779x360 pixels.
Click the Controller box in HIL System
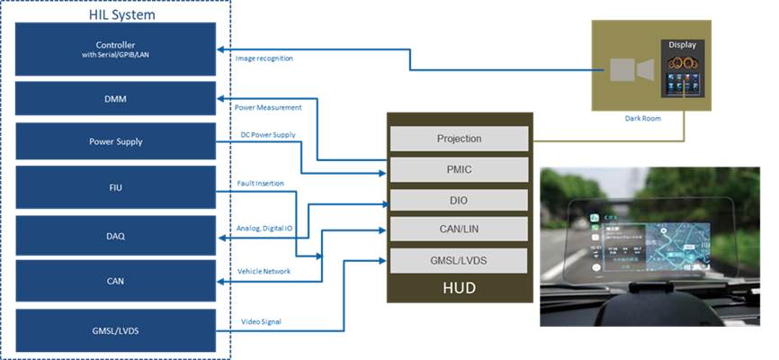coord(115,49)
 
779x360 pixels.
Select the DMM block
coord(115,97)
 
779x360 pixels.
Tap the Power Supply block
coord(115,141)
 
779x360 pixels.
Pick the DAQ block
coord(115,236)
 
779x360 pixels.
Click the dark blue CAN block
coord(115,282)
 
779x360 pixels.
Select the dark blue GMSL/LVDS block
coord(115,330)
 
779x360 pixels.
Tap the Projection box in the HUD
coord(459,139)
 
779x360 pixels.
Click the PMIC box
coord(459,168)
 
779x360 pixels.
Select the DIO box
coord(459,200)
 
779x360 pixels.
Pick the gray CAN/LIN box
coord(459,229)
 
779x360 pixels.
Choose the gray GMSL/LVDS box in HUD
coord(459,261)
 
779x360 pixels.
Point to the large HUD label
coord(459,288)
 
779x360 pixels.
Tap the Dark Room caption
coord(644,118)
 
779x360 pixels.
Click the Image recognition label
coord(264,58)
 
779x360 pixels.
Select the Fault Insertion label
coord(260,184)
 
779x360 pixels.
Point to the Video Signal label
coord(260,321)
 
